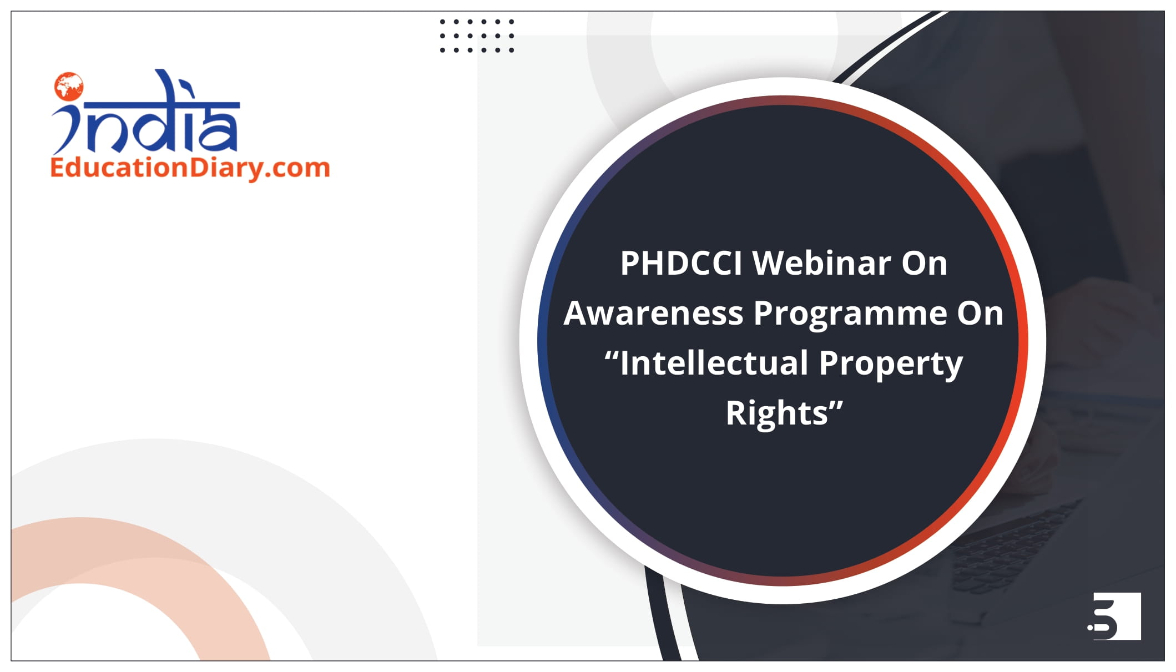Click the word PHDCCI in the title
pyautogui.click(x=681, y=263)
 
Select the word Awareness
pyautogui.click(x=653, y=313)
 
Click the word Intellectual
pyautogui.click(x=714, y=363)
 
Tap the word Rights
pyautogui.click(x=776, y=413)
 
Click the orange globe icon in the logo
pyautogui.click(x=69, y=87)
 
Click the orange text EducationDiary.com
pyautogui.click(x=190, y=168)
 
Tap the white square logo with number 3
pyautogui.click(x=1114, y=616)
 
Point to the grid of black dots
pyautogui.click(x=477, y=36)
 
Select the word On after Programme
pyautogui.click(x=981, y=314)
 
